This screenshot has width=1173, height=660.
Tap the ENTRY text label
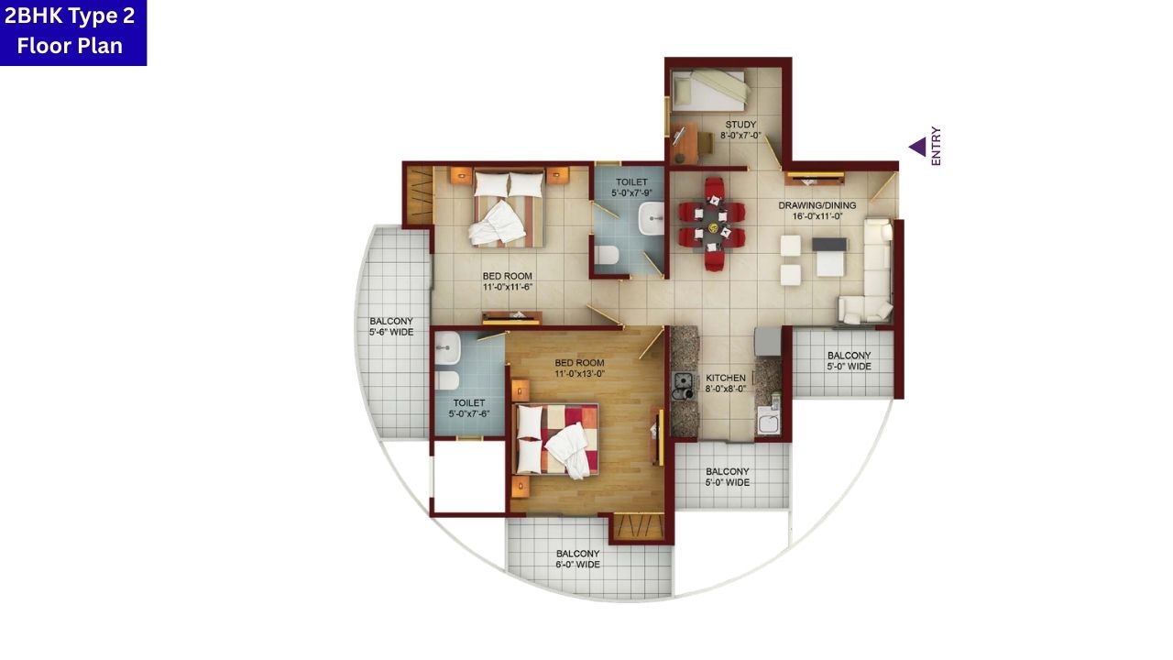[936, 147]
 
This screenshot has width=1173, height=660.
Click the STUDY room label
[740, 125]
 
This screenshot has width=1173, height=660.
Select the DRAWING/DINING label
[817, 205]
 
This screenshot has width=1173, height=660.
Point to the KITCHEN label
[725, 378]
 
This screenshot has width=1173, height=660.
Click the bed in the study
[709, 90]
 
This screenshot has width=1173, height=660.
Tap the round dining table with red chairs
[712, 224]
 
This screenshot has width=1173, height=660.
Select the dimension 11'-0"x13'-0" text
[579, 374]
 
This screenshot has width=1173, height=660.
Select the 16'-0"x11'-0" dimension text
[817, 217]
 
